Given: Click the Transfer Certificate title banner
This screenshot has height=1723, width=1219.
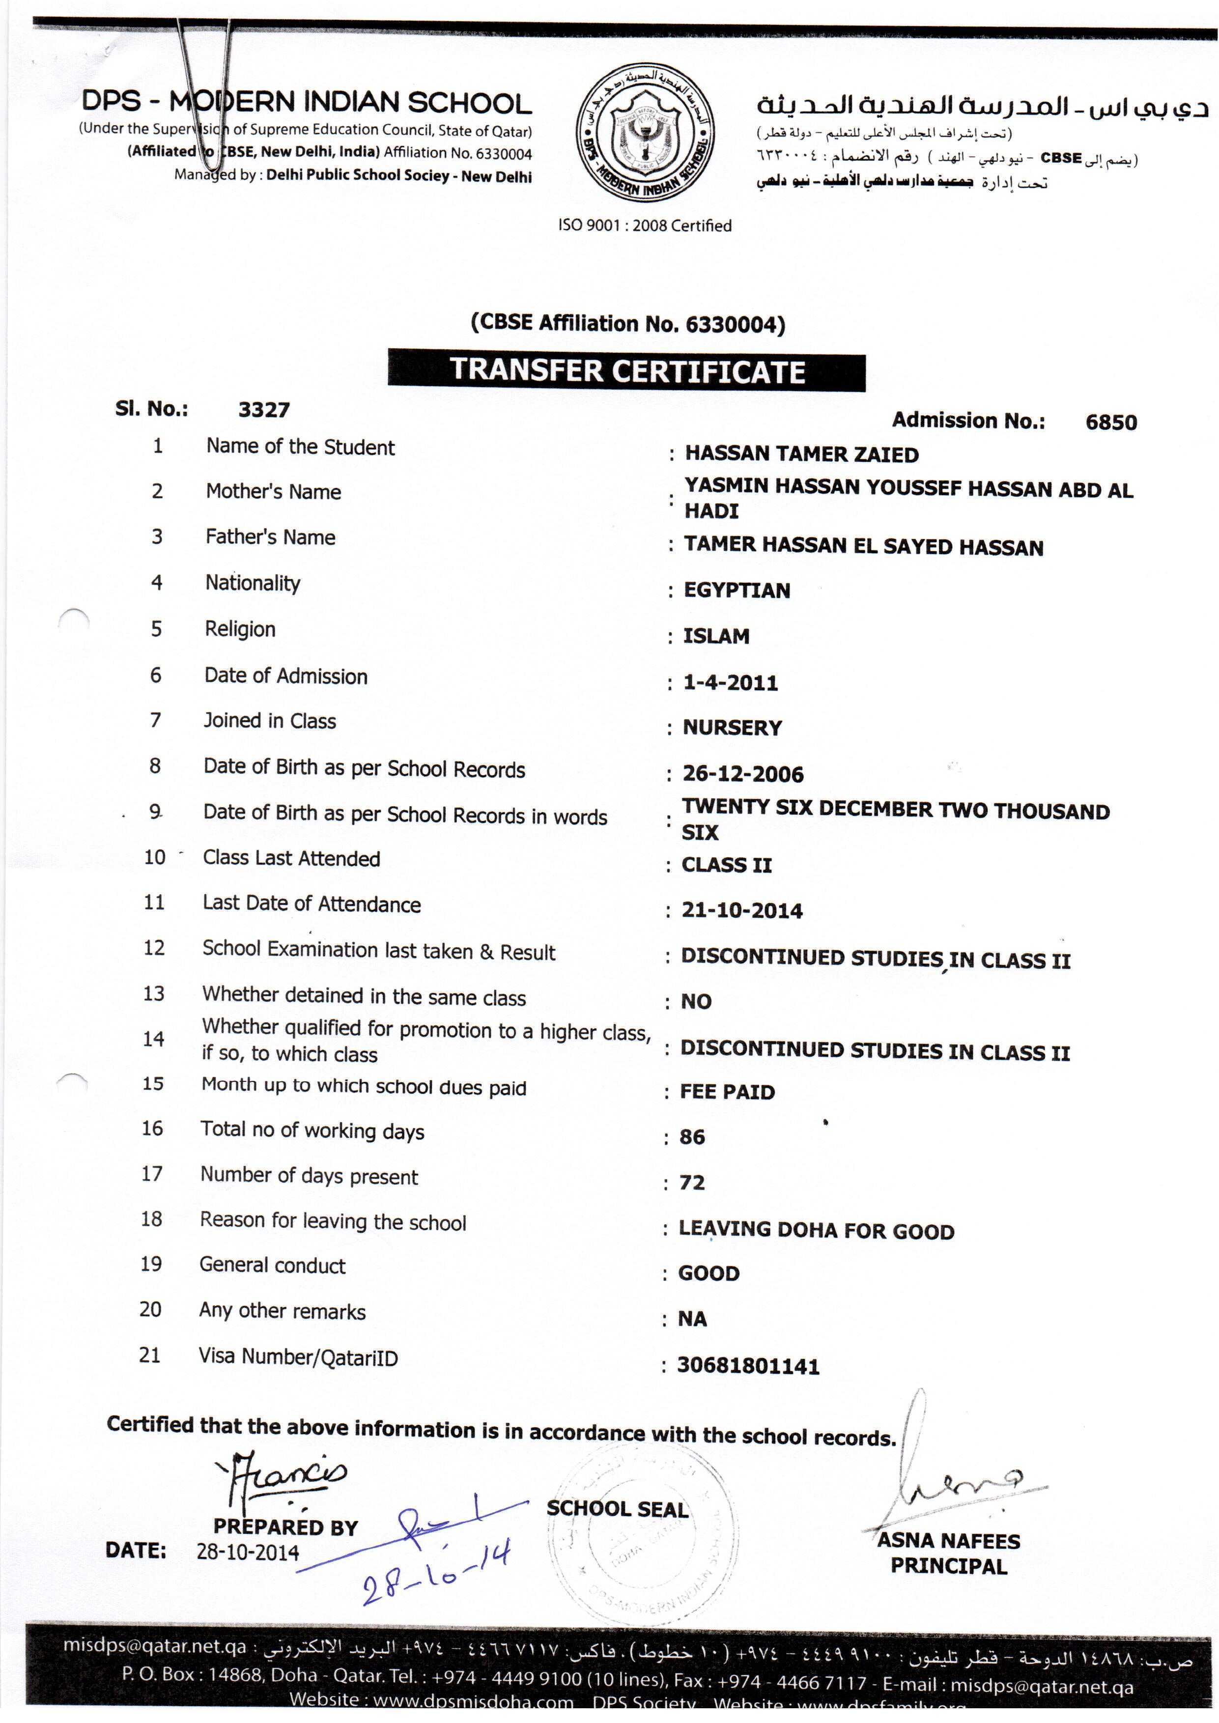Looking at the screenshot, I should (x=627, y=371).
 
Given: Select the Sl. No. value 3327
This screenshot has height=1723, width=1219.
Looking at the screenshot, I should (x=263, y=410).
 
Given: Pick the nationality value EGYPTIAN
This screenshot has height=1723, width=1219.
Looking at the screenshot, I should (x=737, y=590).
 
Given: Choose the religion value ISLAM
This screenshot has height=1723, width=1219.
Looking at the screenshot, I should (x=716, y=636).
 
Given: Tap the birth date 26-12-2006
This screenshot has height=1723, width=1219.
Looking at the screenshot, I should (x=742, y=774).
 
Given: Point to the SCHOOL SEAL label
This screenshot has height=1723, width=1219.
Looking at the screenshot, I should (x=617, y=1509).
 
